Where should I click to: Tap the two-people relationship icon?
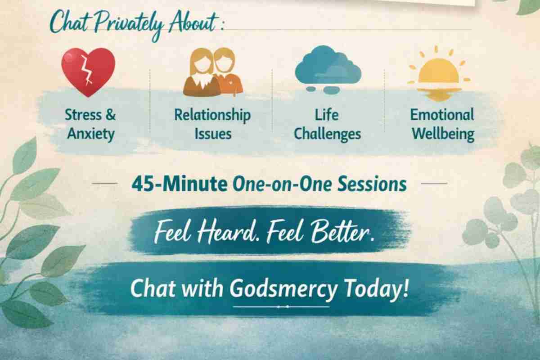pos(213,72)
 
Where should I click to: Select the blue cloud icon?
pos(328,69)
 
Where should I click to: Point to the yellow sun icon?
pos(439,73)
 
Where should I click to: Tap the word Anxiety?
pos(90,134)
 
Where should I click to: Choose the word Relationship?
pos(212,115)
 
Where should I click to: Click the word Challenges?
pos(328,134)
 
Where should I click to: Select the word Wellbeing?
pos(443,134)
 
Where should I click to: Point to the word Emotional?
pos(442,115)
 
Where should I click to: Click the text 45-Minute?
pos(180,184)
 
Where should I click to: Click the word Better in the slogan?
pos(342,231)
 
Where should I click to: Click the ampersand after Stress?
pos(111,115)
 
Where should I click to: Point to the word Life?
pos(327,115)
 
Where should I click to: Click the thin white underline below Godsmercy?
pos(281,307)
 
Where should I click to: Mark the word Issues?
pos(213,134)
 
